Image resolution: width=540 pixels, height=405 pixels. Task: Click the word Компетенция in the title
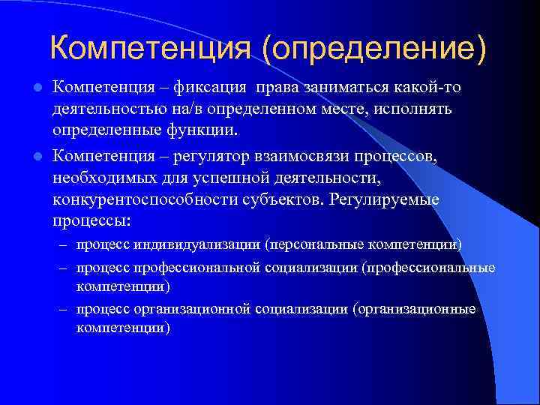click(151, 49)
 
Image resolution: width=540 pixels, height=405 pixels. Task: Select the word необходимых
click(105, 180)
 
